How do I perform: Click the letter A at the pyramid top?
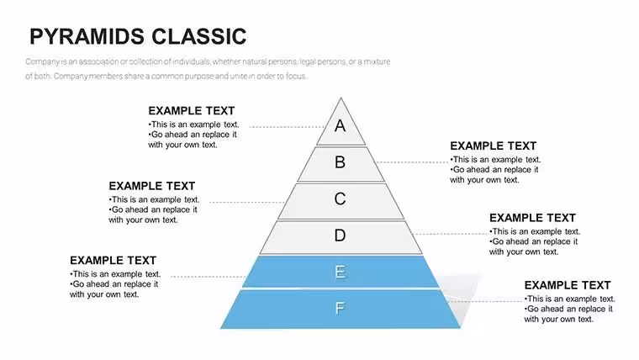point(341,125)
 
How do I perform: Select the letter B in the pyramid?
point(340,162)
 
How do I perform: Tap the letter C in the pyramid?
point(340,199)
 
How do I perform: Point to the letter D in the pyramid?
point(340,236)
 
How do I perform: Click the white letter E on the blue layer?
point(341,272)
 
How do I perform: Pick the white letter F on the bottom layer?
point(340,308)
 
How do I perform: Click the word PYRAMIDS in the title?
point(85,36)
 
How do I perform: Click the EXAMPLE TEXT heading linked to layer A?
point(191,111)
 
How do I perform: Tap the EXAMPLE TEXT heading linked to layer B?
point(493,146)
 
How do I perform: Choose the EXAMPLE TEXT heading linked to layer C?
point(151,186)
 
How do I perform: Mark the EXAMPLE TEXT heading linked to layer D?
point(532,218)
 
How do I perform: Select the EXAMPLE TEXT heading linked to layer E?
point(113,261)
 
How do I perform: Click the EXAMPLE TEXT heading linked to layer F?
point(568,285)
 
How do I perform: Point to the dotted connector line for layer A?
point(287,127)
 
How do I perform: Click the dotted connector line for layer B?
point(412,162)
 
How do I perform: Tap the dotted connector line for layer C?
point(247,202)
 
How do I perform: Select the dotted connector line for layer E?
point(208,277)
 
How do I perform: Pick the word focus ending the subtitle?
point(296,77)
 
